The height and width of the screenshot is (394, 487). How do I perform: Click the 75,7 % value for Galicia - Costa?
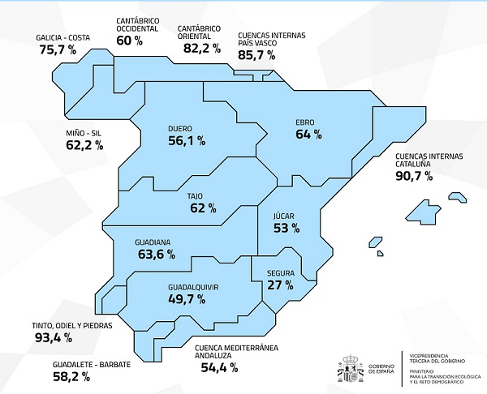[57, 50]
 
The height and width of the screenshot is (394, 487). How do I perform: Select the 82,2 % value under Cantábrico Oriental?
[198, 48]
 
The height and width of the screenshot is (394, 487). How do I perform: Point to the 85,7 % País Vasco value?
[256, 57]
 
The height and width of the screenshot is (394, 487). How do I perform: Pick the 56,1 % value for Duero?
[186, 140]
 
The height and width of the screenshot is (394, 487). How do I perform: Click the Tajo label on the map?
[195, 195]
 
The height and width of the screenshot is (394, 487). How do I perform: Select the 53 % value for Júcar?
[285, 229]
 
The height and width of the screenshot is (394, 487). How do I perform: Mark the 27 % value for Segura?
[280, 285]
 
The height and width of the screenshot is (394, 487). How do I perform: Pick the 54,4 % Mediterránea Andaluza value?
[218, 367]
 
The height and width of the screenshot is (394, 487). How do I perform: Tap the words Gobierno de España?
[381, 369]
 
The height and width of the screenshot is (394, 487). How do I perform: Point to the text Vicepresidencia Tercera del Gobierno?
[438, 358]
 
